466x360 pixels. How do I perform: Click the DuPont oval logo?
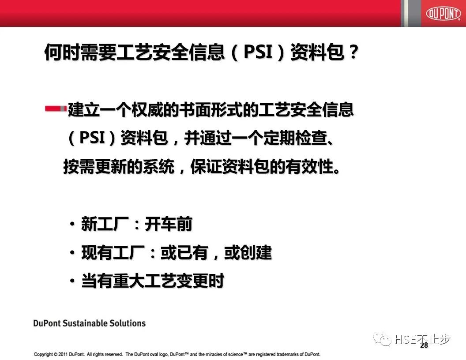pyautogui.click(x=443, y=13)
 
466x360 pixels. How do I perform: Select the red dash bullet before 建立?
pyautogui.click(x=55, y=108)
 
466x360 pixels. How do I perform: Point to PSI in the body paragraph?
pyautogui.click(x=92, y=139)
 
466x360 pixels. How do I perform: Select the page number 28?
pyautogui.click(x=424, y=345)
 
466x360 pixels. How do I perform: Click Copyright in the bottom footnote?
pyautogui.click(x=43, y=354)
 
